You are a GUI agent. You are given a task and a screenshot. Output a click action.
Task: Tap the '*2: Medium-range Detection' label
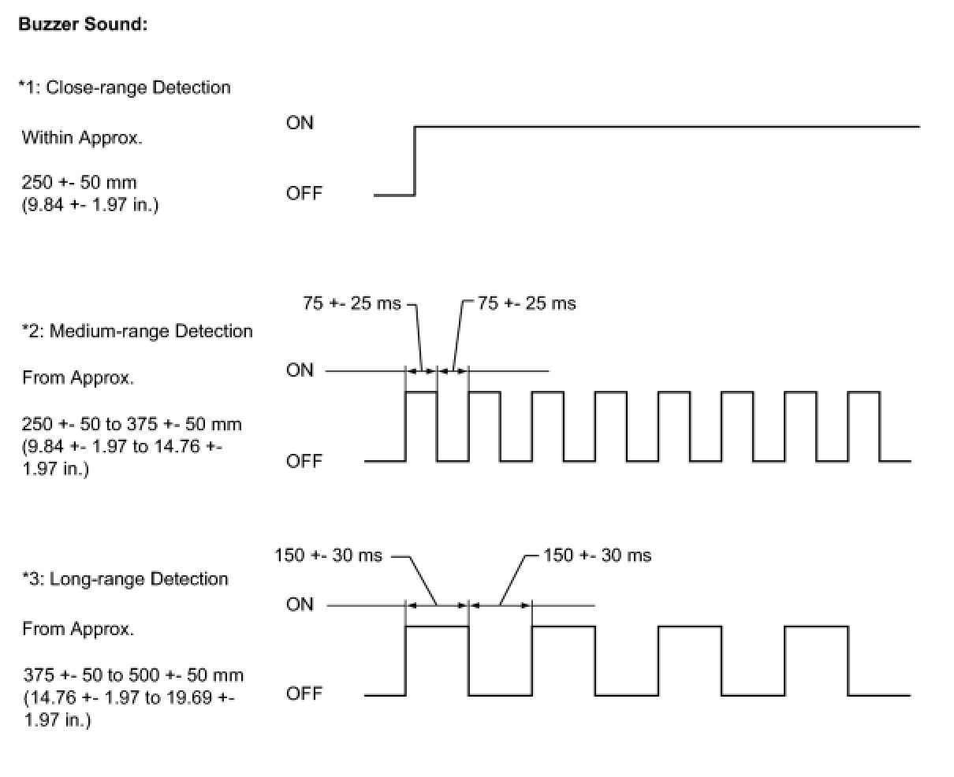click(137, 331)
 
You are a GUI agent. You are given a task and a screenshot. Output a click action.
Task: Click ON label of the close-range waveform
click(300, 123)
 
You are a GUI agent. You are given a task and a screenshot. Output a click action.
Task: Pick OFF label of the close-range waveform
click(304, 193)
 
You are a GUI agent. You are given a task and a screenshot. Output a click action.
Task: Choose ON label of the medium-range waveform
click(300, 370)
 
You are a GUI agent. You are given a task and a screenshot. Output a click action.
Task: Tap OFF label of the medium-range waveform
click(304, 461)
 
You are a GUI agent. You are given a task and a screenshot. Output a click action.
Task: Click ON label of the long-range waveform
click(300, 604)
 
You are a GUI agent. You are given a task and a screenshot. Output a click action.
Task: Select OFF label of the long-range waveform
click(304, 693)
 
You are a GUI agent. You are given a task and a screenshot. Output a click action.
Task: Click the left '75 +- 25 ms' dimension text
click(352, 303)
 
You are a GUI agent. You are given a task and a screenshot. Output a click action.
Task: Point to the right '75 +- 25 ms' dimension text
click(527, 303)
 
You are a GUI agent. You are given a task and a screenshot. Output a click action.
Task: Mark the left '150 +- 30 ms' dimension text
click(328, 556)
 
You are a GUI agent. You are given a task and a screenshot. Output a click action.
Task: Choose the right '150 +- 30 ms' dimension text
click(598, 556)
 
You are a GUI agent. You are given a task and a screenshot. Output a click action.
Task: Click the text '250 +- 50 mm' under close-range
click(80, 183)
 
